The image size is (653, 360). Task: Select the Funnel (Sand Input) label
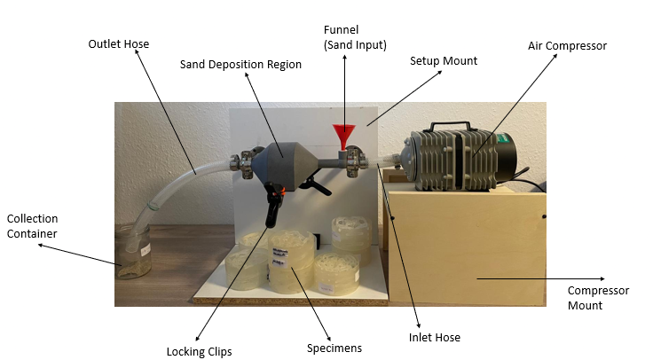click(x=355, y=38)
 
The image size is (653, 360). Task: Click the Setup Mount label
click(x=444, y=61)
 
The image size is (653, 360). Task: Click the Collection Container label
click(x=32, y=225)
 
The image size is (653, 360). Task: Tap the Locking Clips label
click(x=199, y=351)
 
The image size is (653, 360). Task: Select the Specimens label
click(x=334, y=348)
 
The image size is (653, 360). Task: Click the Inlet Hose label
click(x=434, y=337)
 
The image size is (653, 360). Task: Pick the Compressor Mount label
click(x=598, y=298)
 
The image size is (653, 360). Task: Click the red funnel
click(x=342, y=137)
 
